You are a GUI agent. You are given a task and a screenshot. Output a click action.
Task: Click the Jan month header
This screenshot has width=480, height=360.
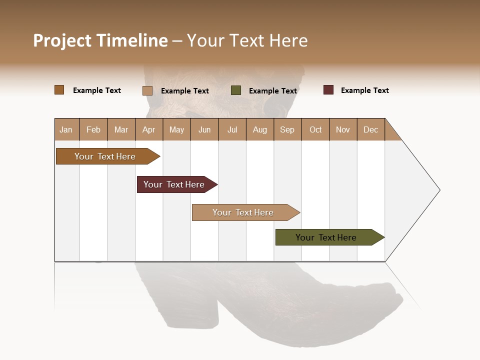[66, 129]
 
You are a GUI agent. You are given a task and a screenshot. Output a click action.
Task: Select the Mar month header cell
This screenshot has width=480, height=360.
[121, 129]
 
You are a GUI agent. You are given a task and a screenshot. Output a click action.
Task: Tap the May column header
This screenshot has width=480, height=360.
[176, 129]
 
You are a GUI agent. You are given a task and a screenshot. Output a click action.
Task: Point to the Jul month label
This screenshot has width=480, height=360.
[232, 129]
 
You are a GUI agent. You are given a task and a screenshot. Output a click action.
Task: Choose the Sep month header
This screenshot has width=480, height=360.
[287, 129]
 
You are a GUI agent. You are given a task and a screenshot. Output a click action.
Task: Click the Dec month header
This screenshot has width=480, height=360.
[370, 129]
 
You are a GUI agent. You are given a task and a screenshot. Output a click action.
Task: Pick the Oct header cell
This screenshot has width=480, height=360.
[315, 129]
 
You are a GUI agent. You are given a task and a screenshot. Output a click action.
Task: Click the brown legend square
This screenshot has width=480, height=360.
[59, 90]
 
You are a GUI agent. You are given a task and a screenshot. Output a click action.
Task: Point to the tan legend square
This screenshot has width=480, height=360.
[147, 90]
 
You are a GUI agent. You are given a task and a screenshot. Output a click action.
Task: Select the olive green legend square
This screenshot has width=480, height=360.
[236, 90]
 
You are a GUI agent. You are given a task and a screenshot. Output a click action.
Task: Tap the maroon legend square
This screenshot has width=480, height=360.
[328, 90]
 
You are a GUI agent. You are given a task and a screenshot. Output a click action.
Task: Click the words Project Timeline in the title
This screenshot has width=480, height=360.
[100, 40]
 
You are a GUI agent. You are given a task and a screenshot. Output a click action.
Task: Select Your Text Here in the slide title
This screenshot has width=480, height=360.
[247, 40]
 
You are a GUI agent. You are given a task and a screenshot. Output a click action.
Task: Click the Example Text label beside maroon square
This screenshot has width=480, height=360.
[364, 90]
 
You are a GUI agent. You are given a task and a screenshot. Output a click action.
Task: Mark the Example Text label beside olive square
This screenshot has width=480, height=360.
[272, 91]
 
